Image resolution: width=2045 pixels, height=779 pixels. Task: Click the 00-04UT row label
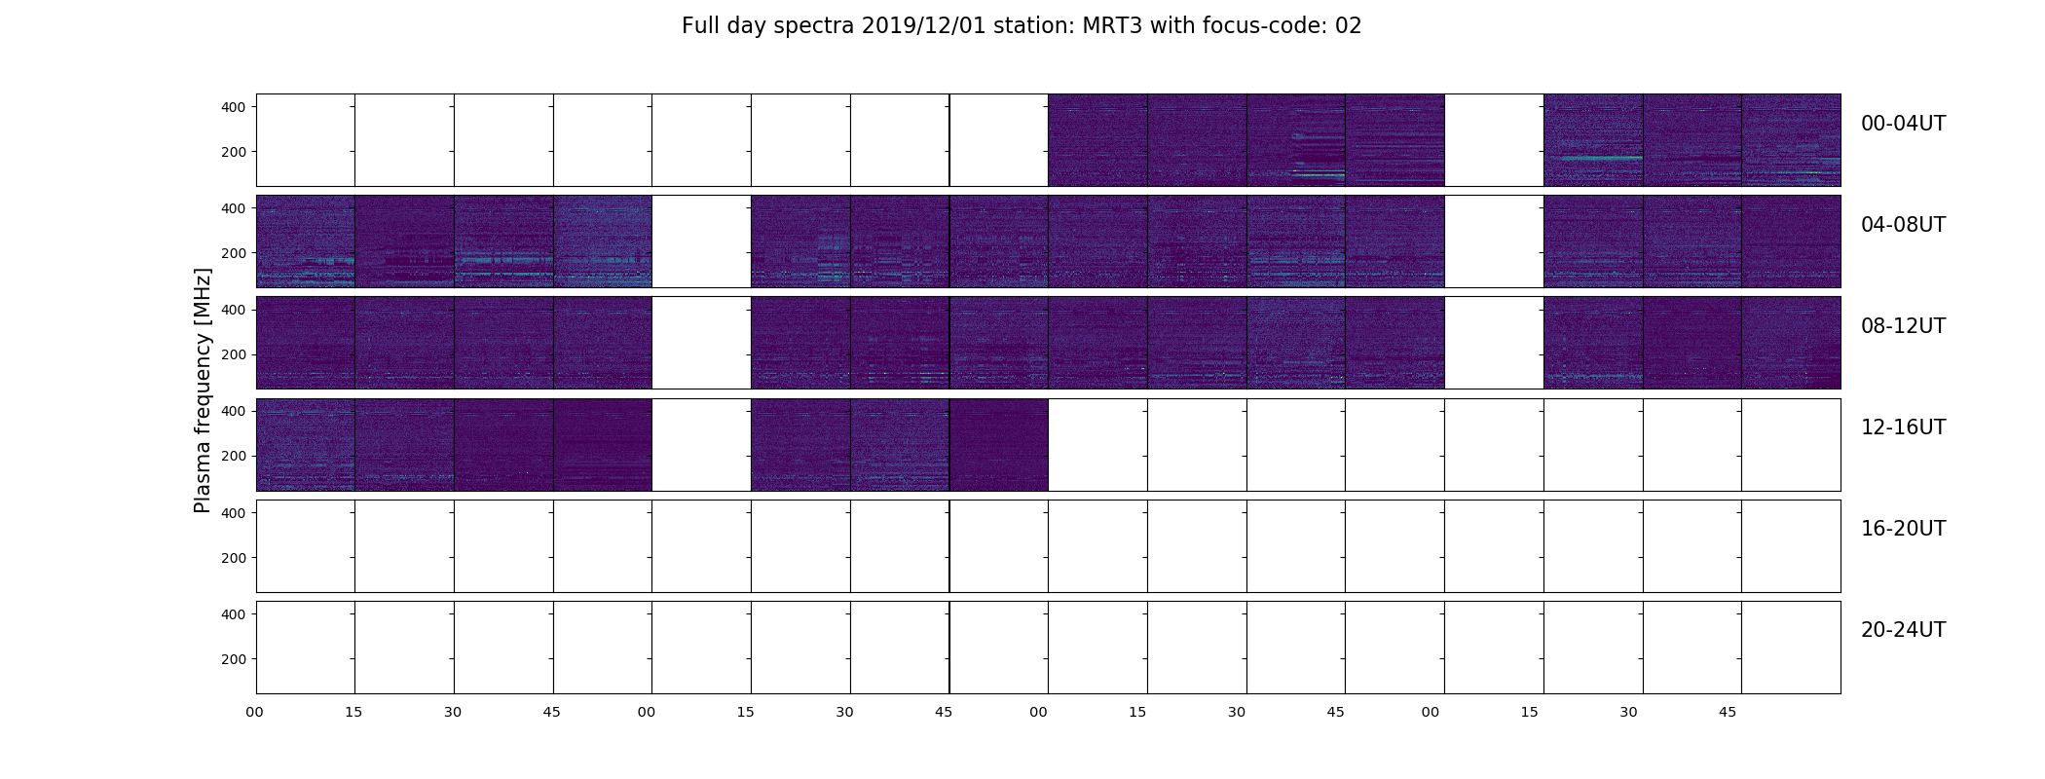click(x=1903, y=124)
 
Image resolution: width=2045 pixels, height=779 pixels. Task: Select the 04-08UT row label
click(x=1903, y=225)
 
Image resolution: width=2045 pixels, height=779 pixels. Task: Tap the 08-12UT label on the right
click(x=1903, y=326)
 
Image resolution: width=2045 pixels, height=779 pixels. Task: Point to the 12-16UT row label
click(x=1903, y=427)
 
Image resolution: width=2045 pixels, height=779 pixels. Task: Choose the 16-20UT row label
click(x=1903, y=529)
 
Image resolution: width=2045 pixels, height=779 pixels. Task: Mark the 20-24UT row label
click(x=1903, y=630)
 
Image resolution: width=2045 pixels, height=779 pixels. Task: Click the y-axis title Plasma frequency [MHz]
click(x=203, y=390)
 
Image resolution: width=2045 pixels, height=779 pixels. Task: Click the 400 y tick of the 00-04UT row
click(x=234, y=107)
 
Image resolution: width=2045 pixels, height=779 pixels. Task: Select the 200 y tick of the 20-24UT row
click(x=234, y=659)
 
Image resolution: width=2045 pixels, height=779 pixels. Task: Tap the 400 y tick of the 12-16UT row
click(x=234, y=411)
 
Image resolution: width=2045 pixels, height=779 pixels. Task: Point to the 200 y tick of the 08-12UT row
click(x=234, y=355)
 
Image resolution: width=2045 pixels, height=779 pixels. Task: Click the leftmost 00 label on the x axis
click(x=254, y=713)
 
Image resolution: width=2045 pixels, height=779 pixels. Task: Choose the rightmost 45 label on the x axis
click(x=1728, y=713)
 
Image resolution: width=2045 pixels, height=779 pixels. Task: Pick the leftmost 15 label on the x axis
click(x=353, y=713)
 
